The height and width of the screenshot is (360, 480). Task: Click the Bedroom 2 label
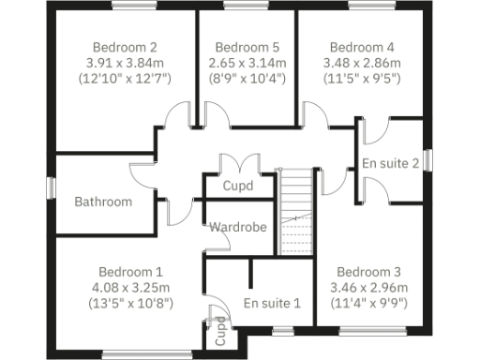pos(125,47)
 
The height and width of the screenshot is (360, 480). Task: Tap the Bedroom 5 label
pos(247,47)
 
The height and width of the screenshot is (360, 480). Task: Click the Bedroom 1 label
pos(125,269)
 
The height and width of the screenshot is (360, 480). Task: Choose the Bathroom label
pos(103,202)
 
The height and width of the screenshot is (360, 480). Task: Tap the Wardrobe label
pos(238,227)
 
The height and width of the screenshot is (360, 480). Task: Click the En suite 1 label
pos(272,303)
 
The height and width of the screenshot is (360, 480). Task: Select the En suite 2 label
pos(391,163)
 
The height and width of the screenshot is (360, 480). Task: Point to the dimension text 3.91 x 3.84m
pos(125,63)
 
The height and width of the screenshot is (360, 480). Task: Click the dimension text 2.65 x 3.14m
pos(247,63)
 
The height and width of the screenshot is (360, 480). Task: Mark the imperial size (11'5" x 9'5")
pos(362,79)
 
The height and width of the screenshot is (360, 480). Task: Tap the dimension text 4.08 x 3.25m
pos(125,285)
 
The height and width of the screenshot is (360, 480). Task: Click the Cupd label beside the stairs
pos(237,186)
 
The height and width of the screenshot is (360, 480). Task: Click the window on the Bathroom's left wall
pos(52,187)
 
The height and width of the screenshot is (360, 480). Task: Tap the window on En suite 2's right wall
pos(428,161)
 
